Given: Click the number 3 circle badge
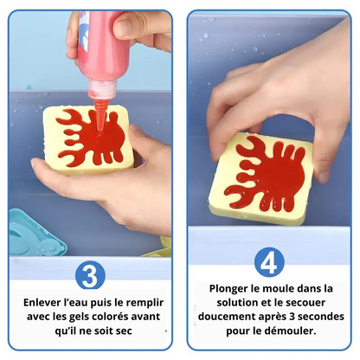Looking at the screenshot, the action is (90, 274).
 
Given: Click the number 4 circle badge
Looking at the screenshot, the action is (269, 262).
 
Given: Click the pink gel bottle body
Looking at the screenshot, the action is (98, 46).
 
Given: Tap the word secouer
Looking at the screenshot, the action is (306, 303).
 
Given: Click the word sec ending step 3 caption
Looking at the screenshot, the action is (124, 331).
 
